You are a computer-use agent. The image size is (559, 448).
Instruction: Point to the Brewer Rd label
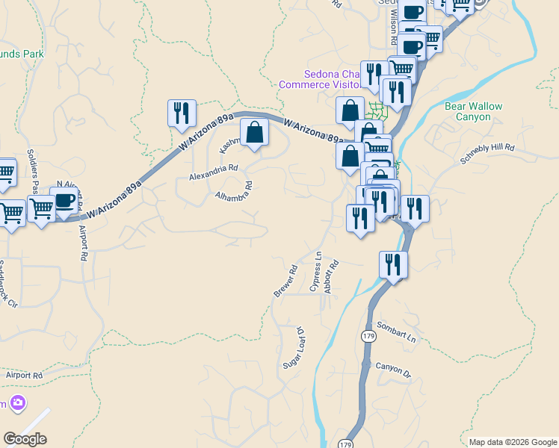pos(285,281)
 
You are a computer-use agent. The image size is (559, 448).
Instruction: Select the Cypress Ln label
pos(315,272)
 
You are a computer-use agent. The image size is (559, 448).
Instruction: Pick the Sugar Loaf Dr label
pos(294,348)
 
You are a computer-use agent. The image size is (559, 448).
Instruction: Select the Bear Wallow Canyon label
pos(473,112)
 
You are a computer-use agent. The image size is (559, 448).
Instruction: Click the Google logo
pos(25,439)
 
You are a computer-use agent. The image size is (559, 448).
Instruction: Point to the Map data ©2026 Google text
pos(513,442)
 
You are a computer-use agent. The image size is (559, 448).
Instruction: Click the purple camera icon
pos(18,404)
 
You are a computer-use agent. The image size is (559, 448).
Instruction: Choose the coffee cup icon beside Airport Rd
pos(64,200)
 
